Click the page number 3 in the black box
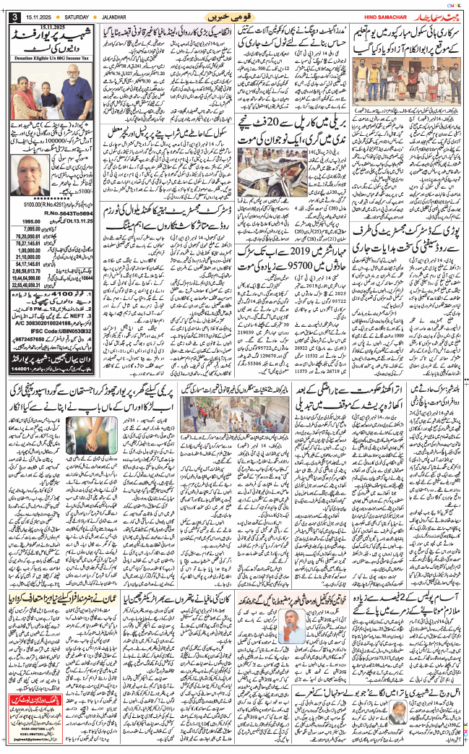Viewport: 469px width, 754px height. coord(14,17)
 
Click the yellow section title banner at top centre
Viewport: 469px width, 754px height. coord(234,15)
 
